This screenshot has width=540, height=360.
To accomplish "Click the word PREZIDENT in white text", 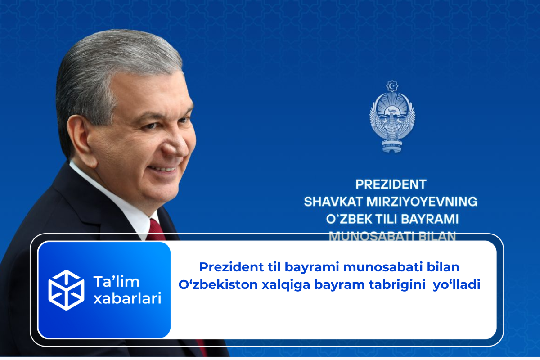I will [x=391, y=184].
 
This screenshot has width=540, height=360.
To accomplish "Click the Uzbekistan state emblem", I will [x=392, y=116].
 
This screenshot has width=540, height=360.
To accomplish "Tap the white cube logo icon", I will [x=66, y=290].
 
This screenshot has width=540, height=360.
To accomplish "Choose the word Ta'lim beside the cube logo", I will [x=116, y=282].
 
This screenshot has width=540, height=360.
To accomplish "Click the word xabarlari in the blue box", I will [x=127, y=298].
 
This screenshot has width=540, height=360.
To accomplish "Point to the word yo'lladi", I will [x=456, y=285].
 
